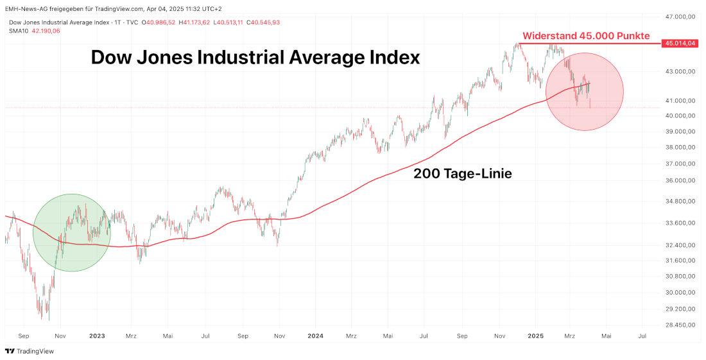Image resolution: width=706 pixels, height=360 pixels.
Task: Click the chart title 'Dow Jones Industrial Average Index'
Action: point(255,57)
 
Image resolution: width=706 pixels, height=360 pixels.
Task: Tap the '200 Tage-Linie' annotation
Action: point(462,173)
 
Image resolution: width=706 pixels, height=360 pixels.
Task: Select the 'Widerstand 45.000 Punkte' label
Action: point(586,36)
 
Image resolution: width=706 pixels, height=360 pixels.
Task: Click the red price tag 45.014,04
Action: point(681,43)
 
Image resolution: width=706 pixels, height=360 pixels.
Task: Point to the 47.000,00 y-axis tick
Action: point(681,17)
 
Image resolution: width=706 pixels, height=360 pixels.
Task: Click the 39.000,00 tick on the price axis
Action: point(681,132)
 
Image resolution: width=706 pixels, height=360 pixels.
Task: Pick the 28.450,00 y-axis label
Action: point(681,325)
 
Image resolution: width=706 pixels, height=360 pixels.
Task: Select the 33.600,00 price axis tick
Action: point(681,223)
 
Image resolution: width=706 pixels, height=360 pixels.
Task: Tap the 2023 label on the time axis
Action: point(97,336)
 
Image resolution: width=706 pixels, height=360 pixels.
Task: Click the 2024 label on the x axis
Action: point(315,336)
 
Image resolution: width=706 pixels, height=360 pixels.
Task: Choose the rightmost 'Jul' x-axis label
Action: point(642,336)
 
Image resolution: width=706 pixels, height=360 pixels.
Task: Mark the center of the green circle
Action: point(71,233)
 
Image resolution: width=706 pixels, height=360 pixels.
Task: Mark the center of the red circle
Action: point(585,92)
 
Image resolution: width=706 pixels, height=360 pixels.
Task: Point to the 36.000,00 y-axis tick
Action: point(681,180)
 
